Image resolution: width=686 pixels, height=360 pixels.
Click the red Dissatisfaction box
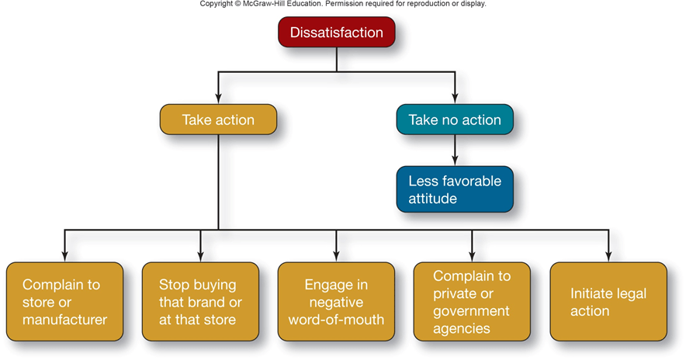[337, 33]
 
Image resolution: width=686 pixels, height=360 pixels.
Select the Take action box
[218, 120]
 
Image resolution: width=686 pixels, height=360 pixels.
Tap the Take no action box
[455, 120]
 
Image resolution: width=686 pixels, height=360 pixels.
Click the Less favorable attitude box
[455, 189]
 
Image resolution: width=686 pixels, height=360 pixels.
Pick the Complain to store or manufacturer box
[64, 302]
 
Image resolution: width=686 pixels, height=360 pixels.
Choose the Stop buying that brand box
[200, 302]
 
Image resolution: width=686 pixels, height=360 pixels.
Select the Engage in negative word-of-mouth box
[336, 302]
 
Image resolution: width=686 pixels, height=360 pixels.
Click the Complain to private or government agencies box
[472, 302]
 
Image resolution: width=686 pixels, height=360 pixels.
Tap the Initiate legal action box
[608, 302]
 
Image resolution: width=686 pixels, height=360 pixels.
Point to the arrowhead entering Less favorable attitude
[455, 161]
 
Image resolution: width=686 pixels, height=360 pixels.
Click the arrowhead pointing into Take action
[218, 99]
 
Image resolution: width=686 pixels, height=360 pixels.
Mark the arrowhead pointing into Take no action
[455, 99]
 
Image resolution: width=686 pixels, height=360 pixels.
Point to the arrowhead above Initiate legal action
[608, 255]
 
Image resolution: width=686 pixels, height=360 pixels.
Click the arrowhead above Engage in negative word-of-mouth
[336, 255]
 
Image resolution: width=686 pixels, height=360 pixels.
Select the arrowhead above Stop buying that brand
[200, 255]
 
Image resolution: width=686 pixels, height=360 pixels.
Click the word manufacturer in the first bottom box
[64, 319]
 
